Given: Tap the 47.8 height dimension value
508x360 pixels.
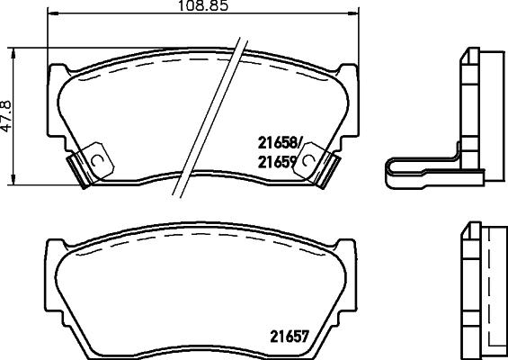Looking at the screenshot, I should pyautogui.click(x=8, y=115).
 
